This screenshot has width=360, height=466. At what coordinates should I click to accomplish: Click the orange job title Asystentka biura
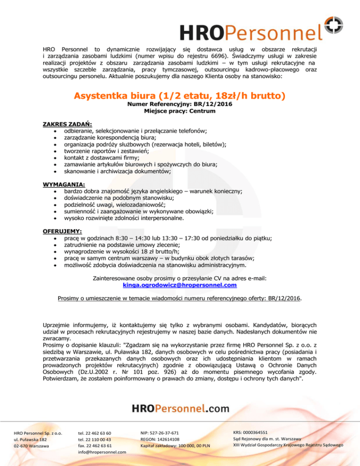click(x=180, y=96)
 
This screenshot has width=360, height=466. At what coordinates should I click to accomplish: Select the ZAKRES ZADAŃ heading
click(x=61, y=124)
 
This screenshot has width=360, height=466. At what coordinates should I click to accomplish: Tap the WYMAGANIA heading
click(x=60, y=184)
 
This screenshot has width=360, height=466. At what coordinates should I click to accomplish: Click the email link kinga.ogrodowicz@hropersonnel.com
click(x=180, y=285)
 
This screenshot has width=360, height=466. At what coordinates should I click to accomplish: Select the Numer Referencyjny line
click(x=180, y=105)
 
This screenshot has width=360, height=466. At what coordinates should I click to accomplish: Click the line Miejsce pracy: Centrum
click(x=180, y=113)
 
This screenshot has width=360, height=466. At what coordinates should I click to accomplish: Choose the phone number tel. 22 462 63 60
click(x=95, y=433)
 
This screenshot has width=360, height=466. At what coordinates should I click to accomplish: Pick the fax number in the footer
click(x=95, y=446)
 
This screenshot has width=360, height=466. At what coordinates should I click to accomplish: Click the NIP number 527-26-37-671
click(x=160, y=433)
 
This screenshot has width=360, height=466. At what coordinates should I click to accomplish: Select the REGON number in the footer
click(x=160, y=439)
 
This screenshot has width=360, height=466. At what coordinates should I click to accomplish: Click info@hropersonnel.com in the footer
click(x=102, y=452)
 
